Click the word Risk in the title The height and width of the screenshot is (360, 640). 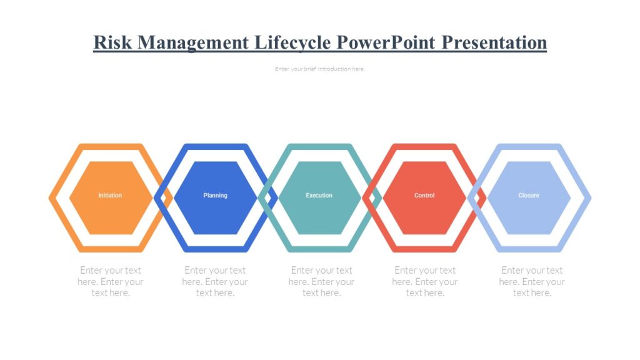tap(112, 42)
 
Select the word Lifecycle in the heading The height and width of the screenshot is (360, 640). tap(292, 42)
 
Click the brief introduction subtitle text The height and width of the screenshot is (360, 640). tap(319, 69)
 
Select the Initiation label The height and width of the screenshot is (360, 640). tap(110, 196)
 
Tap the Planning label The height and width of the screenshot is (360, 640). tap(215, 196)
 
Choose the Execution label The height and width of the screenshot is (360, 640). tap(319, 196)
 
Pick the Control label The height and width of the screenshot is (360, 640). tap(424, 196)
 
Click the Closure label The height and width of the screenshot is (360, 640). tap(529, 196)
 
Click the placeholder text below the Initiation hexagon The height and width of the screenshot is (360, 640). tap(111, 281)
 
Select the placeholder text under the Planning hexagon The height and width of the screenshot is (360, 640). tap(215, 281)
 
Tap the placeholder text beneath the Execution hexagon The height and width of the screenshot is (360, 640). tap(321, 281)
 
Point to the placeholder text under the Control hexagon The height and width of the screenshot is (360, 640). tap(425, 281)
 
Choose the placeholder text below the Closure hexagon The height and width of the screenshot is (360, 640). tap(532, 281)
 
